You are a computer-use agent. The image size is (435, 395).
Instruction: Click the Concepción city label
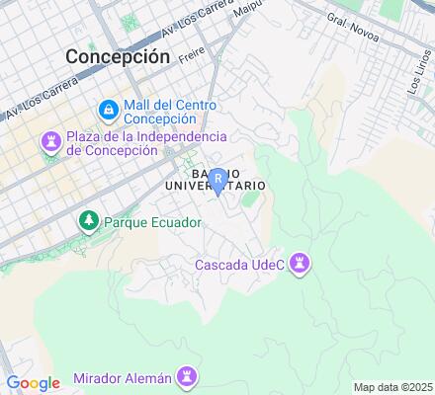pyautogui.click(x=118, y=56)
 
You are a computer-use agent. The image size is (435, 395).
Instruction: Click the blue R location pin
pyautogui.click(x=218, y=181)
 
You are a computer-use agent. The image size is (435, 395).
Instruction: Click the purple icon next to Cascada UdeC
pyautogui.click(x=303, y=263)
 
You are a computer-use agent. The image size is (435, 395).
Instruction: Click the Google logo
pyautogui.click(x=34, y=383)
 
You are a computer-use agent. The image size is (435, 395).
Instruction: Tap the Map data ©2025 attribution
pyautogui.click(x=393, y=386)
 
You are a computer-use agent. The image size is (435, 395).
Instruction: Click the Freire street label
pyautogui.click(x=191, y=57)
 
